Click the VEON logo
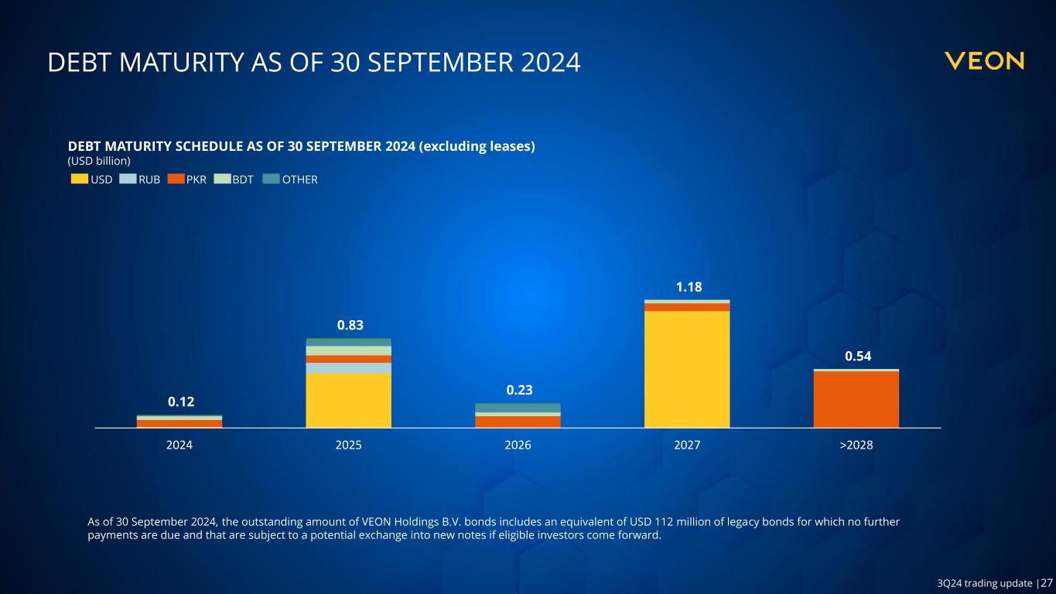[x=984, y=61]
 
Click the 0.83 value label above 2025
[x=349, y=326]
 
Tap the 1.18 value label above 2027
[x=688, y=287]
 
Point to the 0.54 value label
[x=856, y=356]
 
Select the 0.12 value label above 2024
[x=180, y=401]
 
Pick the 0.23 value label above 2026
[x=518, y=389]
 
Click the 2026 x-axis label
[x=518, y=446]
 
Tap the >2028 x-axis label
[x=856, y=446]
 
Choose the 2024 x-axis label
[x=179, y=446]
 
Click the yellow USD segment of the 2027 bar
[x=687, y=369]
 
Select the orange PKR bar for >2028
[x=856, y=399]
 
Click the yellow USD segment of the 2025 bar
[x=349, y=400]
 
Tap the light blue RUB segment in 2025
[x=349, y=368]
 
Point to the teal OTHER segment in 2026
[x=518, y=408]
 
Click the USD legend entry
[x=92, y=179]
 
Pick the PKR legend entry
[x=187, y=179]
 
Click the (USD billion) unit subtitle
[x=99, y=161]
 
